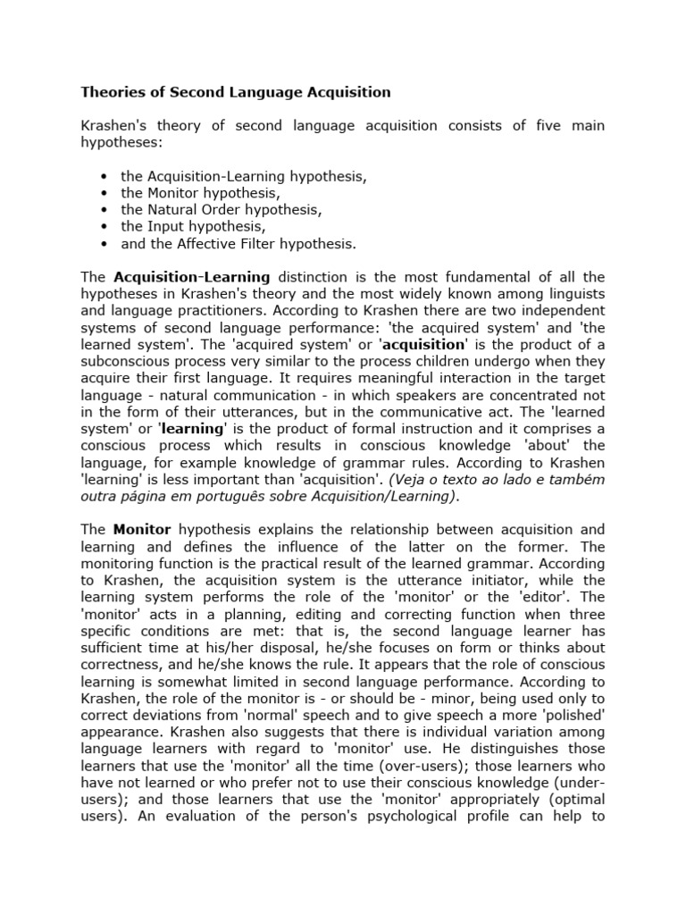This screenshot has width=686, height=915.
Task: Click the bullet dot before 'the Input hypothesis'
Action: [105, 227]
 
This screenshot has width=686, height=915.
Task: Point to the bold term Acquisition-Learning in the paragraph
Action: [192, 278]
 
